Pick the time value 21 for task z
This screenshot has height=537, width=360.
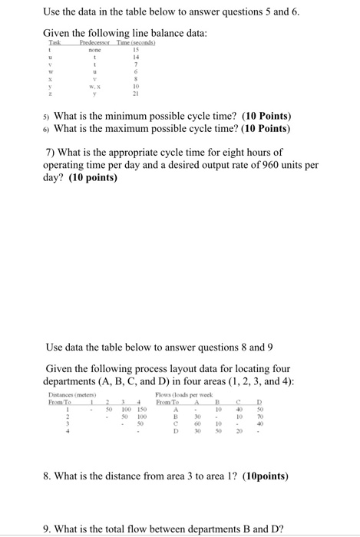tap(136, 104)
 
